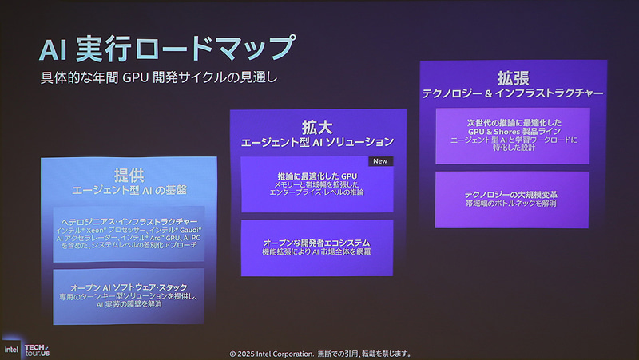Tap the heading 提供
(x=129, y=175)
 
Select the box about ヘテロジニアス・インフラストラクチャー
(x=129, y=234)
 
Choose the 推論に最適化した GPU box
(x=317, y=184)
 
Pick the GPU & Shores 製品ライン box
(x=512, y=136)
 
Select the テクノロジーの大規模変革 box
(x=512, y=199)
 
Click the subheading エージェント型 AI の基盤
(x=129, y=190)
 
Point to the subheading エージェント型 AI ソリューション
(x=317, y=142)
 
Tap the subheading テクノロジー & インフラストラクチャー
(x=512, y=94)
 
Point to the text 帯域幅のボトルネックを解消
(x=512, y=204)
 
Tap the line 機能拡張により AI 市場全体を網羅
(x=317, y=252)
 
